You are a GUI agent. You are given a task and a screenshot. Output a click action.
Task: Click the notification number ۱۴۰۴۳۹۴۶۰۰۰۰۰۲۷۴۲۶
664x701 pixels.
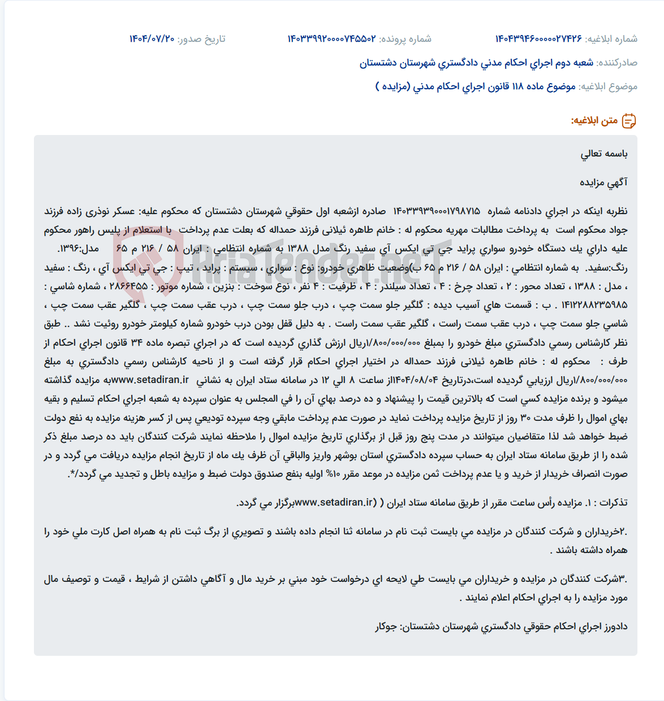tap(538, 39)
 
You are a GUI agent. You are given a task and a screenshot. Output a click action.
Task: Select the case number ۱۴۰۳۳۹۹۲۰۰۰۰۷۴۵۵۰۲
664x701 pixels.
tap(331, 39)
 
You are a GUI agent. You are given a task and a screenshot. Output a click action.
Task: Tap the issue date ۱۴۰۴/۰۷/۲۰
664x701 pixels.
tap(152, 39)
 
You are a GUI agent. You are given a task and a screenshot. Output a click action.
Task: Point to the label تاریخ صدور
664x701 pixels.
tap(201, 39)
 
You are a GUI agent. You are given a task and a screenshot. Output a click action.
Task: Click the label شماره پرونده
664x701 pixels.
tap(405, 39)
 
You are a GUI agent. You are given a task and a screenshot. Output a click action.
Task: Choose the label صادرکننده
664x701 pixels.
tap(617, 63)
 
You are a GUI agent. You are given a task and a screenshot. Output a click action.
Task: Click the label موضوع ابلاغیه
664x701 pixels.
tap(608, 86)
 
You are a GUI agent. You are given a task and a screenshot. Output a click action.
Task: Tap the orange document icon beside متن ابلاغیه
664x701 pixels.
tap(629, 121)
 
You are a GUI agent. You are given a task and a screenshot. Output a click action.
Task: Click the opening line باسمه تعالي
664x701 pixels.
tap(604, 154)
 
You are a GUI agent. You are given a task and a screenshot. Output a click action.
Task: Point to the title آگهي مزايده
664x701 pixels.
tap(604, 182)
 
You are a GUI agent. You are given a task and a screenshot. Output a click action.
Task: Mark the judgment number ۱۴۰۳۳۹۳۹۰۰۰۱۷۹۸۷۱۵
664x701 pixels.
tap(437, 211)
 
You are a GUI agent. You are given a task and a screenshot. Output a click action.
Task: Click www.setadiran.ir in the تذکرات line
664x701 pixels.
tap(335, 502)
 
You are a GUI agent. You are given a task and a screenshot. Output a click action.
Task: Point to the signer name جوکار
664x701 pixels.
tap(387, 626)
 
